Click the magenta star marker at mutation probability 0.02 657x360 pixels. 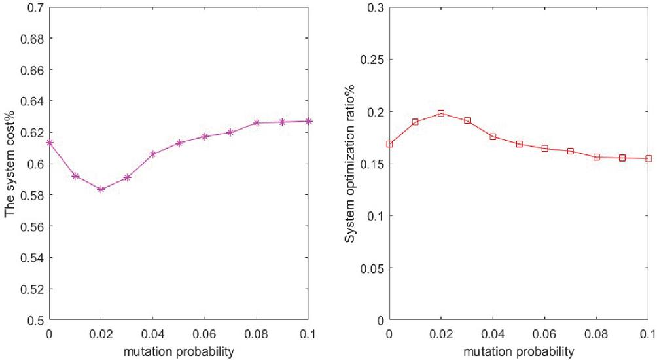coord(101,189)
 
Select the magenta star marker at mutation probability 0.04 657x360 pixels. coord(152,154)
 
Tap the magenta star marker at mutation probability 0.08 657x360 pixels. coord(257,123)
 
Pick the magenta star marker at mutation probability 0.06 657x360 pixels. coord(204,136)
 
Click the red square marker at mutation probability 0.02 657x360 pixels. coord(441,113)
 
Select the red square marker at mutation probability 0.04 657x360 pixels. coord(493,137)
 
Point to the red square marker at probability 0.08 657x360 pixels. coord(597,157)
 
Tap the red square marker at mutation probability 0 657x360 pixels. coord(389,144)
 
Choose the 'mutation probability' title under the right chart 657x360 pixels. coord(519,351)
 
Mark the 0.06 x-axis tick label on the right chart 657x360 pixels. coord(544,334)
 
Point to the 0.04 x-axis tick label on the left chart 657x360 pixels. coord(152,334)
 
